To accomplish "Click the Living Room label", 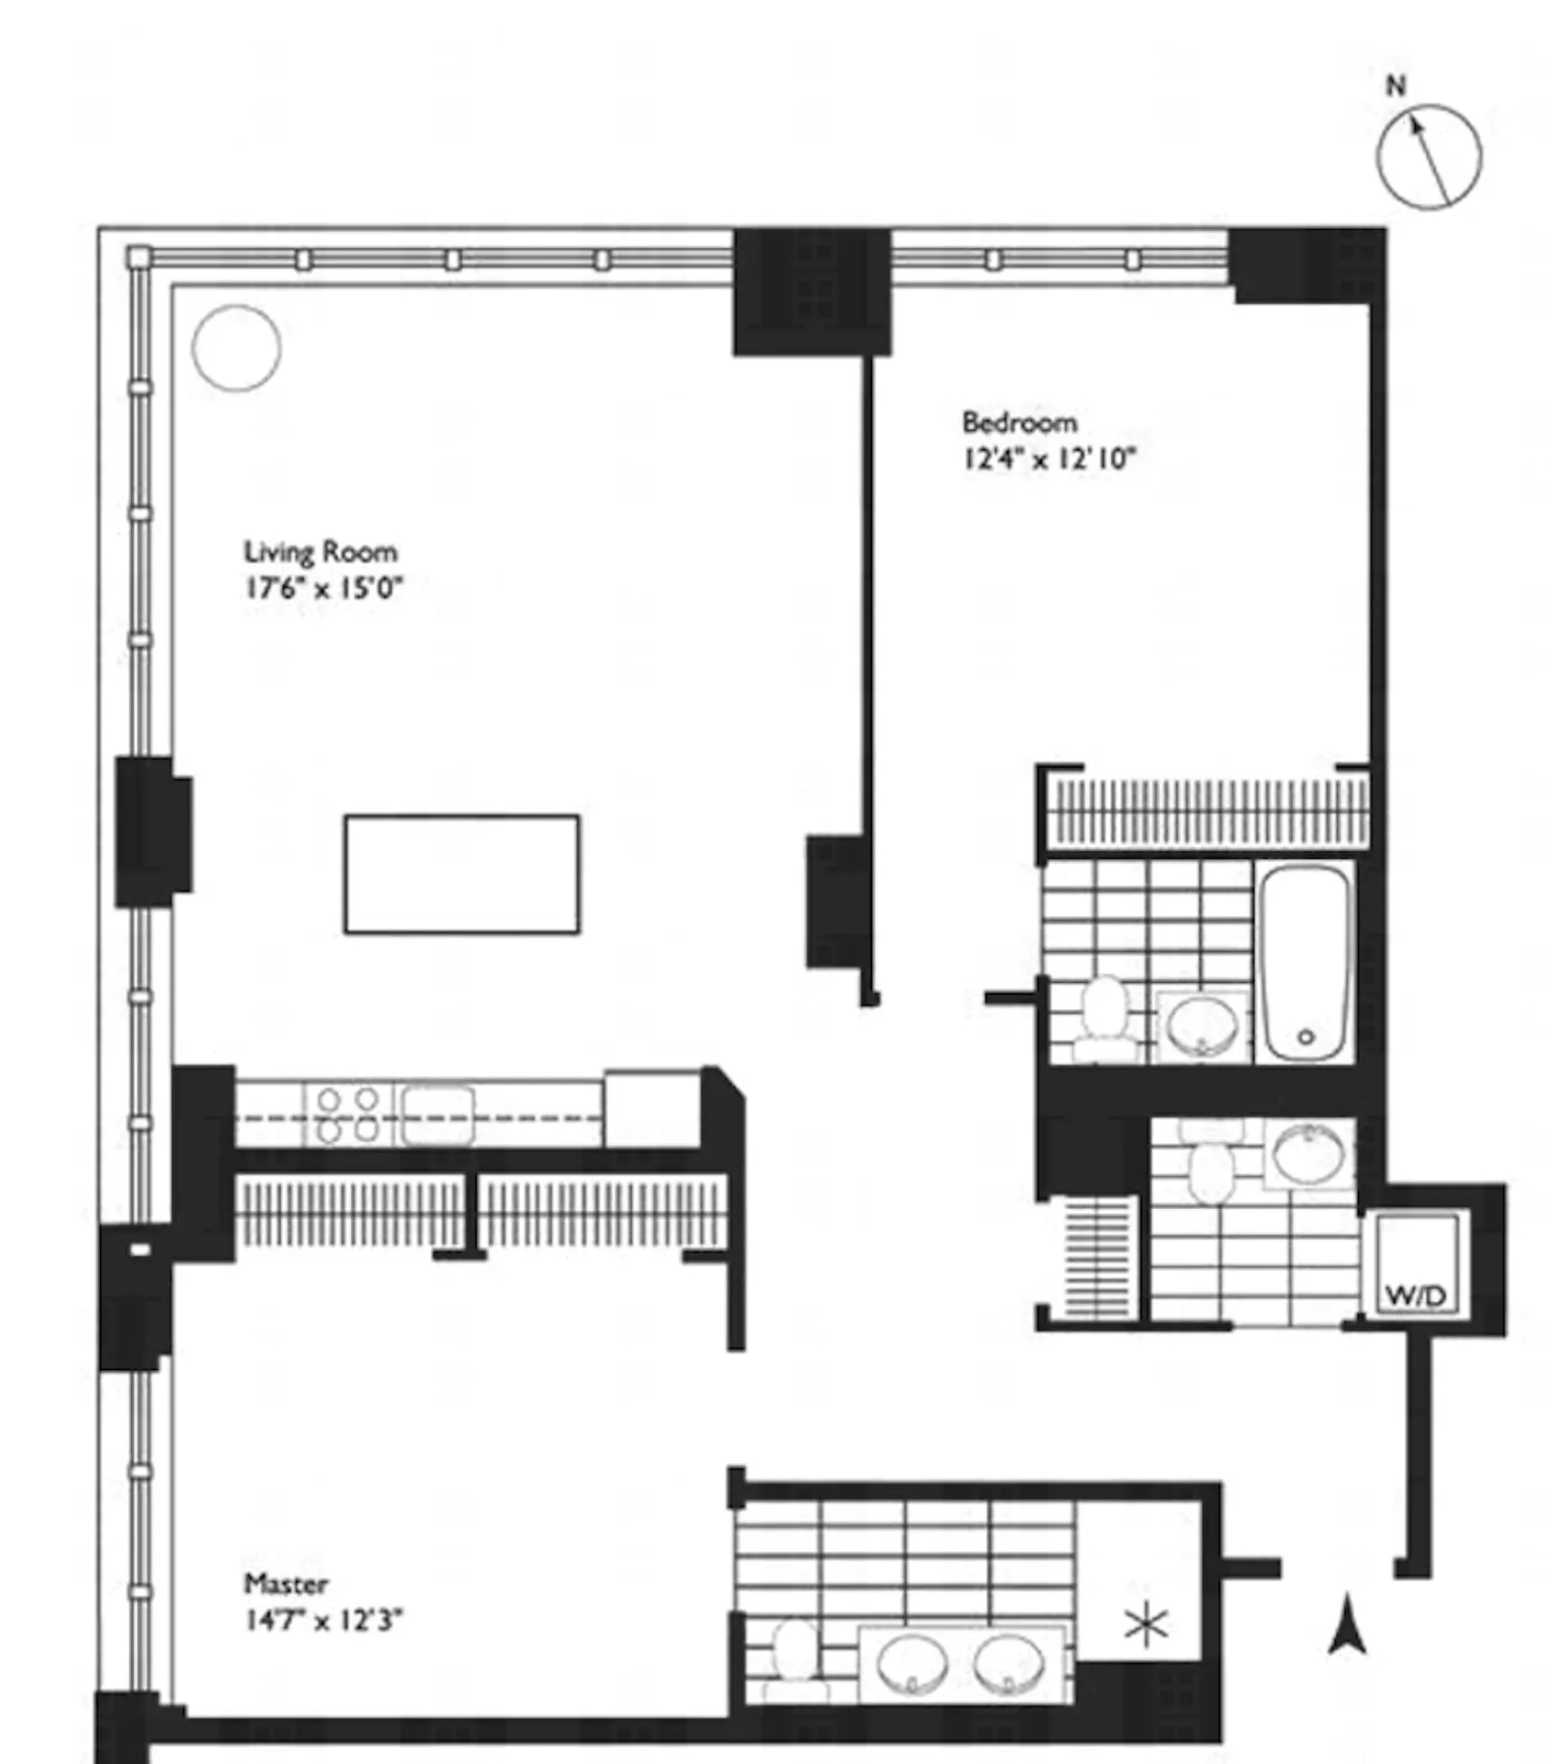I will click(x=320, y=552).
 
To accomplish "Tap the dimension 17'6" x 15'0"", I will click(x=322, y=588).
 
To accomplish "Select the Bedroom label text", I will click(x=1018, y=423).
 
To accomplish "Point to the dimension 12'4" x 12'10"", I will click(x=1048, y=458).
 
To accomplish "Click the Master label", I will click(x=285, y=1584).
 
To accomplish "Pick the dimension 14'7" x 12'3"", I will click(x=322, y=1620).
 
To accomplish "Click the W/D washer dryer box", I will click(x=1414, y=1264).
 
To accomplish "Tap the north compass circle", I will click(x=1429, y=155).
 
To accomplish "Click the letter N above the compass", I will click(x=1395, y=85).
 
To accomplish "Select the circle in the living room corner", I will click(x=237, y=347).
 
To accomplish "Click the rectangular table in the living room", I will click(x=462, y=874).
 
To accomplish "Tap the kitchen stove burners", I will click(x=348, y=1115).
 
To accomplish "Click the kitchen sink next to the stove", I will click(x=438, y=1115).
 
